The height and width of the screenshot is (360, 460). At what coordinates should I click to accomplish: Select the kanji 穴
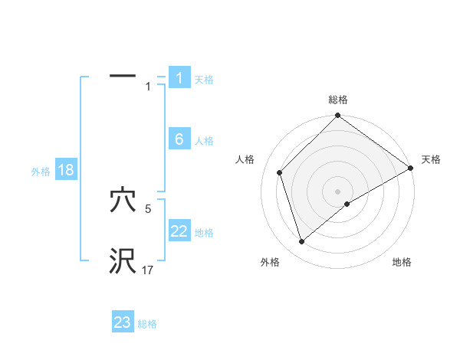(x=123, y=201)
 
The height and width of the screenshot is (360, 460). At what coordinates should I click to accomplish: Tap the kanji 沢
(x=123, y=261)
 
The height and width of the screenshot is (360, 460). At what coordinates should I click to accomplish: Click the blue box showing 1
(x=179, y=78)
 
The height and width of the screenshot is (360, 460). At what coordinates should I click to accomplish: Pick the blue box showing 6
(x=179, y=139)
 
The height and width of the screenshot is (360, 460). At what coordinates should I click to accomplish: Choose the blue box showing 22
(x=179, y=231)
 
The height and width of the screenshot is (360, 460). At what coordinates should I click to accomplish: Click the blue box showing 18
(x=65, y=170)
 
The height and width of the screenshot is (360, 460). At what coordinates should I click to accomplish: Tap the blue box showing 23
(x=123, y=322)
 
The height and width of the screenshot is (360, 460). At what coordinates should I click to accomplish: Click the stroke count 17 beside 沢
(x=148, y=270)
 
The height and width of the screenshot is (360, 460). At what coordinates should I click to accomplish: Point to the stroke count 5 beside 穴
(x=148, y=208)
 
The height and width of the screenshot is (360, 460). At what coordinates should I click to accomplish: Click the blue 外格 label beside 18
(x=40, y=172)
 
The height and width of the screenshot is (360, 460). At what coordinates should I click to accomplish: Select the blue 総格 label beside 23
(x=147, y=324)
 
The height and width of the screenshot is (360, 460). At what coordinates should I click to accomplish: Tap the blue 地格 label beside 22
(x=204, y=233)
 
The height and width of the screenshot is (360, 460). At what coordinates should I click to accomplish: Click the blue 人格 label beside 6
(x=204, y=141)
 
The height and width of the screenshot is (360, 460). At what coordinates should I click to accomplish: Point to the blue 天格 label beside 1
(x=204, y=80)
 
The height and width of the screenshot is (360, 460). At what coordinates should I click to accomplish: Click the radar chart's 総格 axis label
(x=338, y=100)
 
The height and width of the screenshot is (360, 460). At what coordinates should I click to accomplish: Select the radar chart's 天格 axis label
(x=431, y=159)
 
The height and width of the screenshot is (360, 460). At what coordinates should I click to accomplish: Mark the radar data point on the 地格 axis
(x=347, y=204)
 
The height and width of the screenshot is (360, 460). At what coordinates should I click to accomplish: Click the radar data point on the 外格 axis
(x=302, y=242)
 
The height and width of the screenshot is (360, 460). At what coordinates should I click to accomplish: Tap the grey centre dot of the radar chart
(x=337, y=191)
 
